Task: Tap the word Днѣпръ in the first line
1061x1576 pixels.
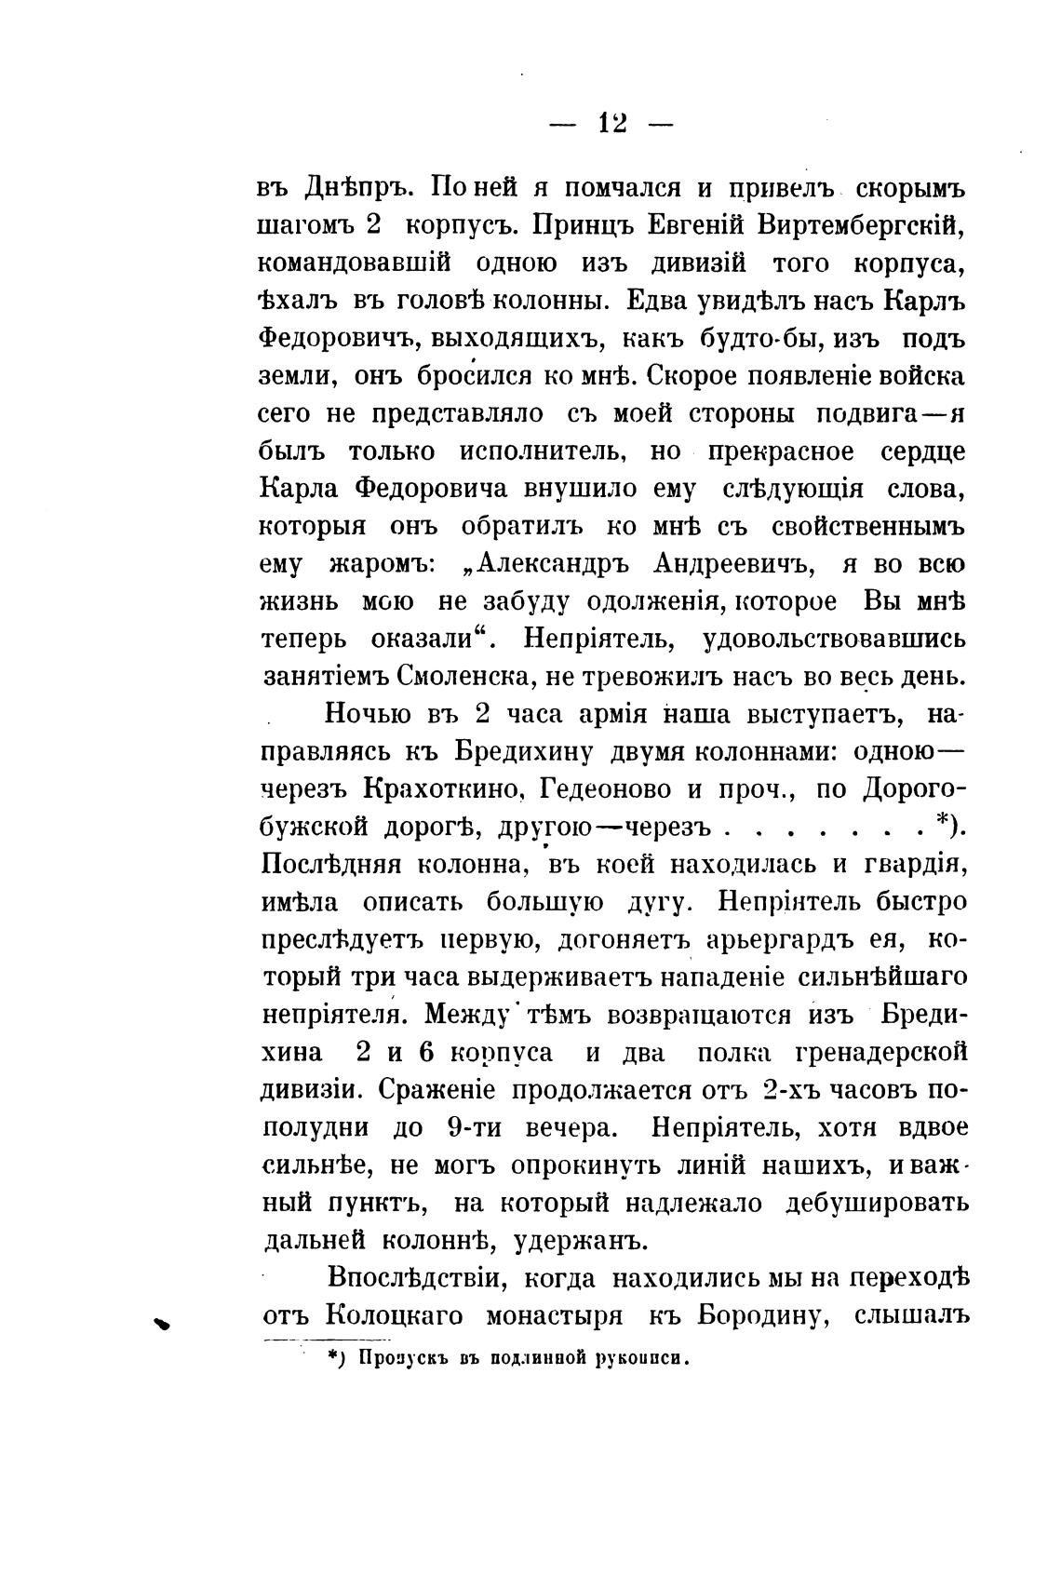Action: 353,188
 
